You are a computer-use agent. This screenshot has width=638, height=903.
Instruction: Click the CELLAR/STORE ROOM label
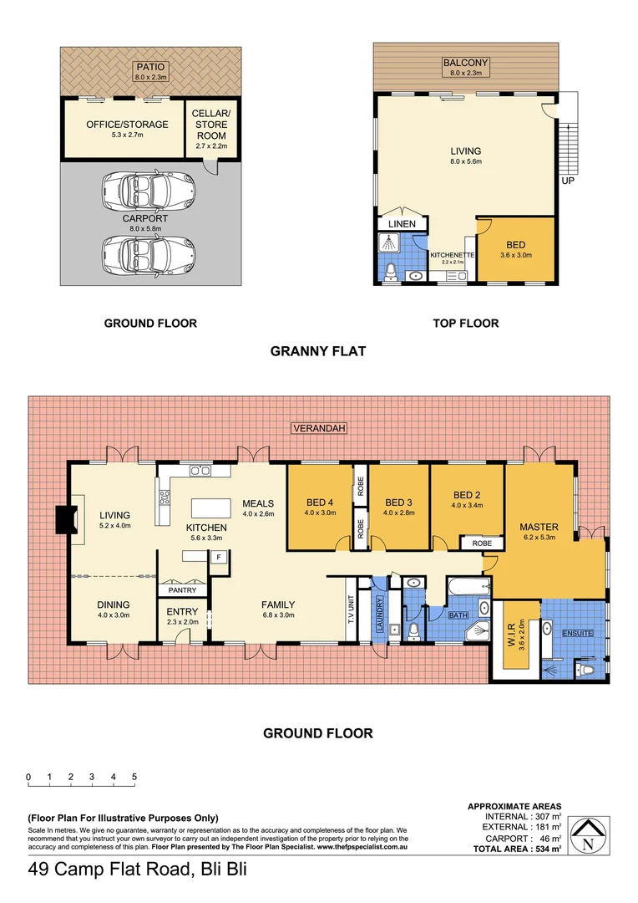[x=210, y=130]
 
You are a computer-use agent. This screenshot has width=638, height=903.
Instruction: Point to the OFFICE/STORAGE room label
[x=127, y=125]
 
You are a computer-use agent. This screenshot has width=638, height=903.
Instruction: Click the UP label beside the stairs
[x=568, y=181]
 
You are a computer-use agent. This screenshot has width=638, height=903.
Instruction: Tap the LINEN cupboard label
[x=402, y=224]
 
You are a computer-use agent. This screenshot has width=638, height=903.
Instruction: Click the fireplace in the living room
[x=64, y=521]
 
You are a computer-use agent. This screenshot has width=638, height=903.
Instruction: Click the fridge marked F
[x=218, y=557]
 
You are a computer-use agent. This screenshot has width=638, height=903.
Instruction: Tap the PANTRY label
[x=182, y=590]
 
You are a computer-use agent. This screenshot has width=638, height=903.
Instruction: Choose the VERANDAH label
[x=318, y=428]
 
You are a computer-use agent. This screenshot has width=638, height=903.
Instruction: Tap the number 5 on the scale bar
[x=134, y=777]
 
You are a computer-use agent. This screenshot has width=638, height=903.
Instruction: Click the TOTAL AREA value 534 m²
[x=548, y=848]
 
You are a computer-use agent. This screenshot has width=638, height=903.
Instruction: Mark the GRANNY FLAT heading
[x=318, y=351]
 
